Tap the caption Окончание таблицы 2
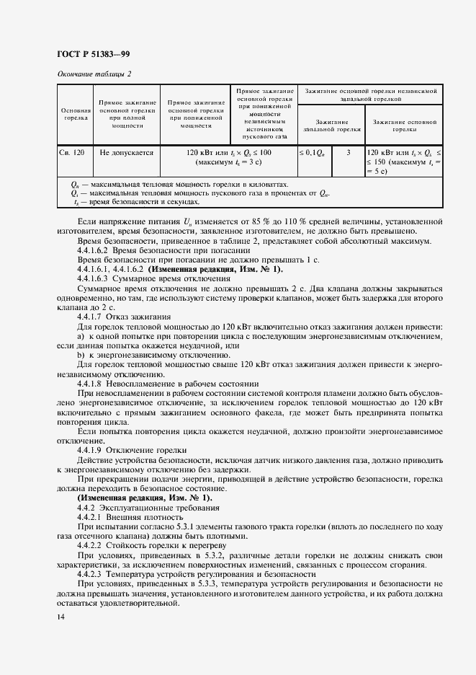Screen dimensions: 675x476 click(x=94, y=74)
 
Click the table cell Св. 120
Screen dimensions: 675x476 click(x=72, y=153)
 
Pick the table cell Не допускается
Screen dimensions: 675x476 click(x=127, y=153)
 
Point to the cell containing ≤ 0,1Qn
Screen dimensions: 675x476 click(x=312, y=153)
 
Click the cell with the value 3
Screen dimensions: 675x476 click(x=349, y=153)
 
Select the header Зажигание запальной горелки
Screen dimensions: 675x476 click(x=331, y=126)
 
